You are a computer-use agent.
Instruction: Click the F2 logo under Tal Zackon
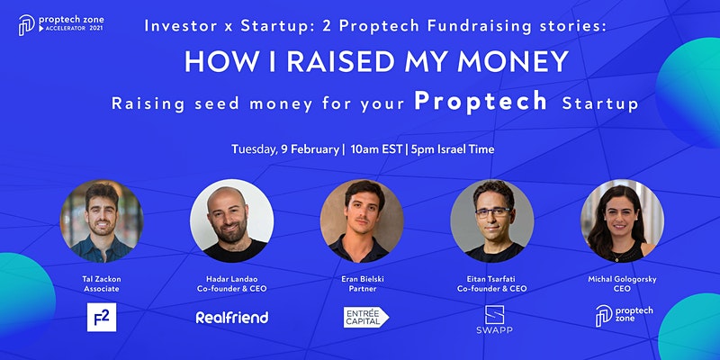102,318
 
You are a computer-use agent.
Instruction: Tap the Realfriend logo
232,318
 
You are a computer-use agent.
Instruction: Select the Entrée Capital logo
366,318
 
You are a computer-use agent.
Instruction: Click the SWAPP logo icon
494,314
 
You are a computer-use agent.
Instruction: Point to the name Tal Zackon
102,279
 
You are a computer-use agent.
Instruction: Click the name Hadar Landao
232,279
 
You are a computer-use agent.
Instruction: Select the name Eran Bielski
362,279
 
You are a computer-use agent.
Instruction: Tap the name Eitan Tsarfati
492,279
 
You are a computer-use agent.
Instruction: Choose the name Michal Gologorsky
622,279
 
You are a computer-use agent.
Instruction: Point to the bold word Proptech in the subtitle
481,102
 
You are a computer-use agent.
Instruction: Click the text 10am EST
375,149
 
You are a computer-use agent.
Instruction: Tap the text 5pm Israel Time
453,149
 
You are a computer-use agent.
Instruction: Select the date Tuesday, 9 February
285,149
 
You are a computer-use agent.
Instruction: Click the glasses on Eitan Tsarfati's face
492,212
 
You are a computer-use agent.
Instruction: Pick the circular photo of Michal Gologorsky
622,220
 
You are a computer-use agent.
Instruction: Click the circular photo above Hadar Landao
232,220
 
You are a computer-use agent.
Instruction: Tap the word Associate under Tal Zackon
102,289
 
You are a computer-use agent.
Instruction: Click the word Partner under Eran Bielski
362,289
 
